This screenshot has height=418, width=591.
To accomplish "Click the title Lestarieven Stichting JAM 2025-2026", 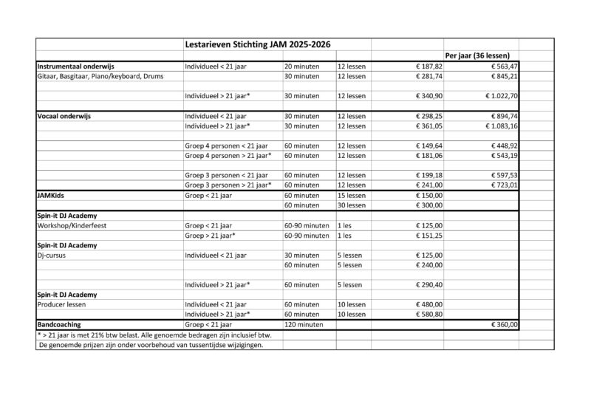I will click(258, 45).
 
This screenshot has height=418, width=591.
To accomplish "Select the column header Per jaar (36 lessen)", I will click(482, 56).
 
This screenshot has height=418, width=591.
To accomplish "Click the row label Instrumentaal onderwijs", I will click(75, 66).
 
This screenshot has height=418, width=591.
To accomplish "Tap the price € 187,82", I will click(428, 66).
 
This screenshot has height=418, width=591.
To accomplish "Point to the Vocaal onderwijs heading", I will click(64, 116).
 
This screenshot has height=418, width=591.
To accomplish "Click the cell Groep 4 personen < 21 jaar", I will click(225, 146).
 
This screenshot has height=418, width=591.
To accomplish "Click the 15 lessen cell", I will click(351, 196).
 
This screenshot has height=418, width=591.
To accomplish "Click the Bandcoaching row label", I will click(58, 324).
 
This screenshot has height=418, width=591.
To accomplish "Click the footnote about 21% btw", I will click(154, 335).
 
